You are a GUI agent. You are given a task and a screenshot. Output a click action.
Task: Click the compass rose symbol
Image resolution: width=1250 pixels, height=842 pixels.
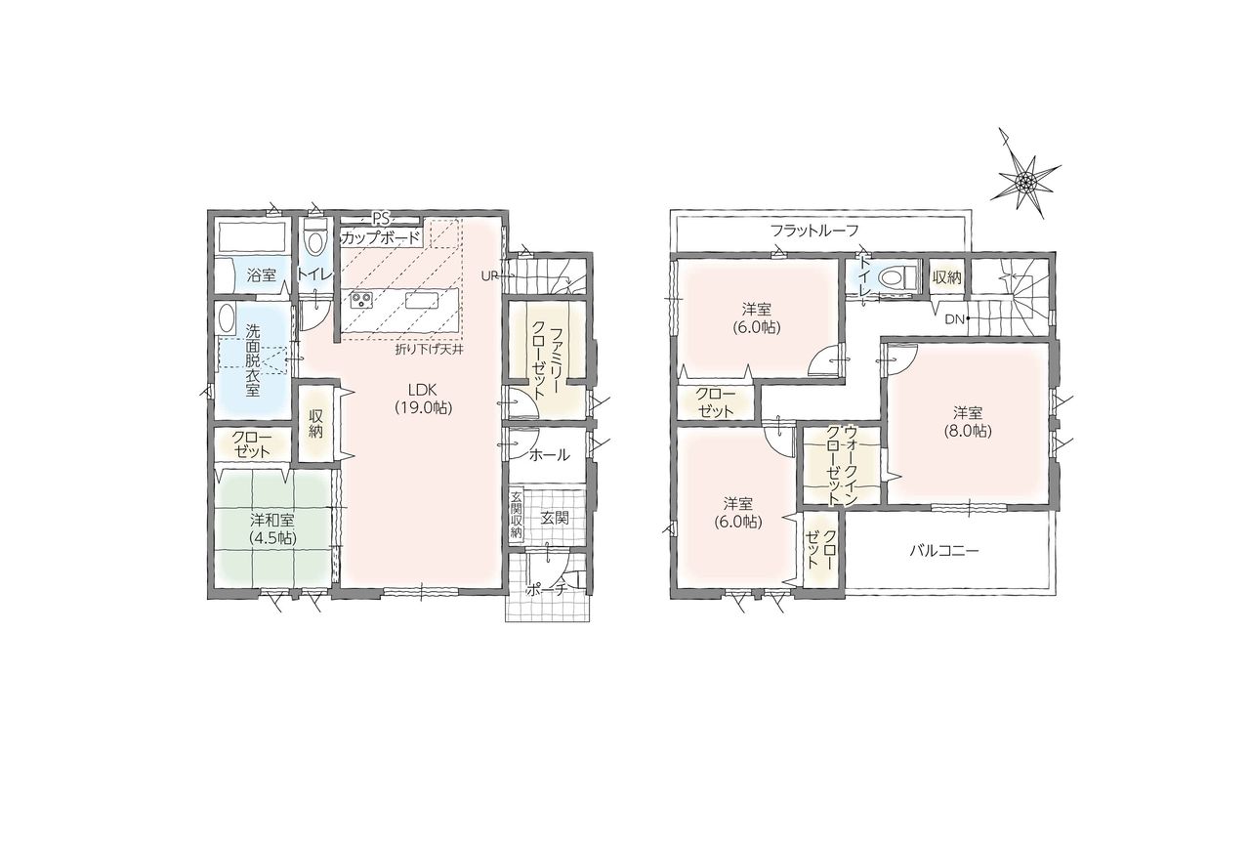tap(1025, 181)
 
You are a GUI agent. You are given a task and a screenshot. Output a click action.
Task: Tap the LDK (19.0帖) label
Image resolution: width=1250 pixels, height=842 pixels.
tap(424, 399)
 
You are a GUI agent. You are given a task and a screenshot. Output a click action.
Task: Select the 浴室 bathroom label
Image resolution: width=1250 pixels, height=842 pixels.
tap(261, 274)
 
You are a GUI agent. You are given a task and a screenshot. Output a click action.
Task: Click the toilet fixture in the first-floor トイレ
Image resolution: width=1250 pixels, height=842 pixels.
tap(315, 238)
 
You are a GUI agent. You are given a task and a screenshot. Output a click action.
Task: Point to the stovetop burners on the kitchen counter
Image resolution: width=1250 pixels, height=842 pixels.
tap(361, 302)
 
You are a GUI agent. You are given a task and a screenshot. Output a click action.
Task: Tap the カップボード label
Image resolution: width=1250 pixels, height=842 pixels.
tap(381, 238)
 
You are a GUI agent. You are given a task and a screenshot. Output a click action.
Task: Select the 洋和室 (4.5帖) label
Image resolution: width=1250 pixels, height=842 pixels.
tap(272, 529)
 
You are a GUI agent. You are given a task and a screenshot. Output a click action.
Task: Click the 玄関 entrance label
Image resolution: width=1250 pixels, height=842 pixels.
tap(554, 518)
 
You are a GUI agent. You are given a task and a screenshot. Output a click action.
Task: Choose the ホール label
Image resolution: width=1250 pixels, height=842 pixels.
tap(549, 455)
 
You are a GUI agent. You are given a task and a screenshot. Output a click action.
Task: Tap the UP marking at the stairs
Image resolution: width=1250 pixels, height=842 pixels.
tap(490, 275)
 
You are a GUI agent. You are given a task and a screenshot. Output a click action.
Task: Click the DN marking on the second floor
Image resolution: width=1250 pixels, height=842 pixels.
tap(954, 319)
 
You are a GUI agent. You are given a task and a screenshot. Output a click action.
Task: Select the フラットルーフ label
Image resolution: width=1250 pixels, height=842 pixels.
tap(814, 231)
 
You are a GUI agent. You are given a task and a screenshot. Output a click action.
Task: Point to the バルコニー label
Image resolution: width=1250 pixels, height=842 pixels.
tap(944, 551)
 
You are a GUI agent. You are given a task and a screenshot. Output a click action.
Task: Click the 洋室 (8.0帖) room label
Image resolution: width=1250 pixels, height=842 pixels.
tap(968, 422)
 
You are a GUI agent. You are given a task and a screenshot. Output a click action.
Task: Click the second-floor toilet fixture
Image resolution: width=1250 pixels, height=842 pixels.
tap(896, 277)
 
